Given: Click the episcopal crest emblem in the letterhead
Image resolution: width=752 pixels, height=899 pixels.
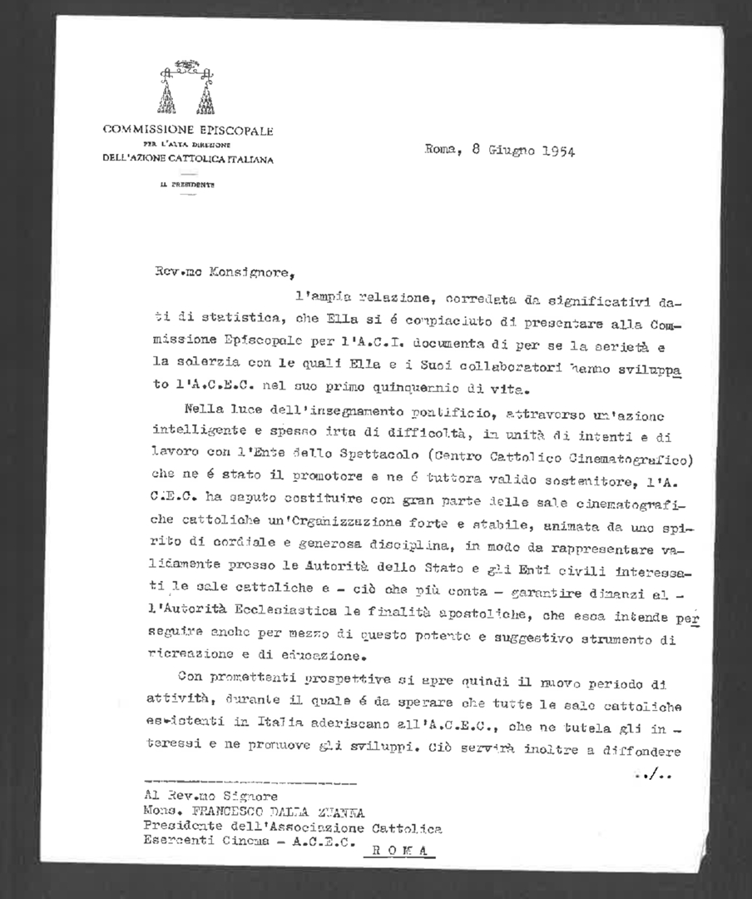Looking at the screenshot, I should [x=188, y=87].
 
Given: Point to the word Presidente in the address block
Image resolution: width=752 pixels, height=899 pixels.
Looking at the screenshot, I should [x=182, y=828].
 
